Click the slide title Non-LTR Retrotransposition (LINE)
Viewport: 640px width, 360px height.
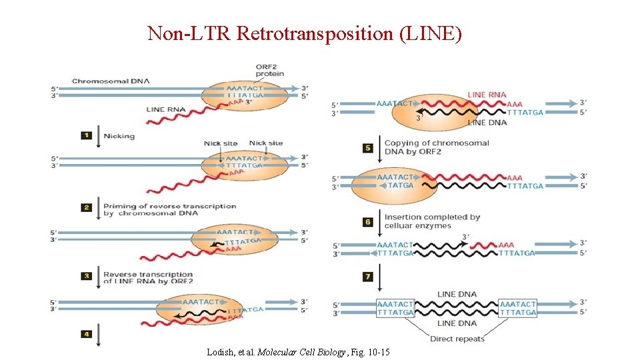click(304, 33)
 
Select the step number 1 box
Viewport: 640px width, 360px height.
click(86, 135)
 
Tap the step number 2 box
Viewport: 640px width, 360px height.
click(86, 208)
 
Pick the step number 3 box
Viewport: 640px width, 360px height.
click(86, 275)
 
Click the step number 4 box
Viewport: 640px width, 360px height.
click(86, 333)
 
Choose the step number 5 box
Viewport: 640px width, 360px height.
click(367, 148)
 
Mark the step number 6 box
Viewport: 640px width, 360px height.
click(367, 222)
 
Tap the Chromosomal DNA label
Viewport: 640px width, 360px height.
click(111, 81)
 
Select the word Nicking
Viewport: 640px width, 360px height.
click(119, 136)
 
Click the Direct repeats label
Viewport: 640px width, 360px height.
click(457, 339)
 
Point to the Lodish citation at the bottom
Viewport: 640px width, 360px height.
click(299, 351)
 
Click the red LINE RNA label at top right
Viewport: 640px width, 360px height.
click(487, 95)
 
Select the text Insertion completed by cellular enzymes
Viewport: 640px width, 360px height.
click(432, 221)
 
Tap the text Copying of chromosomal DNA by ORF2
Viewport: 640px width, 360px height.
click(437, 147)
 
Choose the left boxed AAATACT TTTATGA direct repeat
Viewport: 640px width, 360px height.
click(395, 308)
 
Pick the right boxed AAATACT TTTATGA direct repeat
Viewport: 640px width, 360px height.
click(518, 308)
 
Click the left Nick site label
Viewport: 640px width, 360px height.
click(221, 143)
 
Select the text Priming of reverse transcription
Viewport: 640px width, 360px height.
click(169, 206)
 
